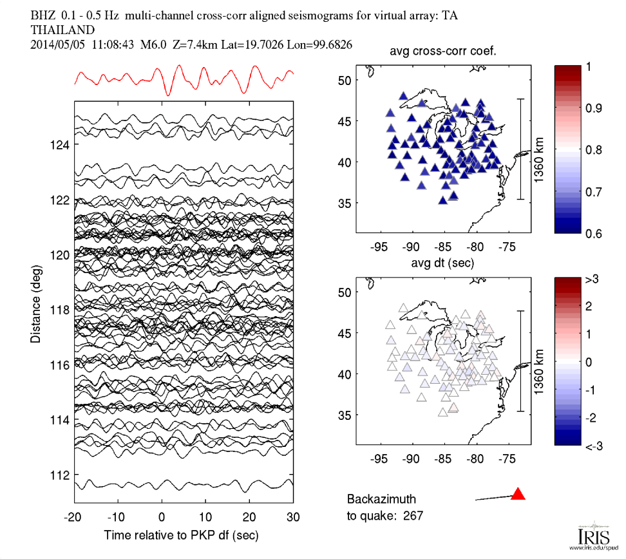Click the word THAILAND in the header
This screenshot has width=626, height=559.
click(x=62, y=30)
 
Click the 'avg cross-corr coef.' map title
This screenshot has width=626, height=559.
click(x=444, y=52)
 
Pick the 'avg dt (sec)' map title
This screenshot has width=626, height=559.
click(x=444, y=263)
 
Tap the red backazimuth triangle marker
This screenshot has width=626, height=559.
click(x=518, y=494)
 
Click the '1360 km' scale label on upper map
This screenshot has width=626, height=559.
click(x=538, y=149)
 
